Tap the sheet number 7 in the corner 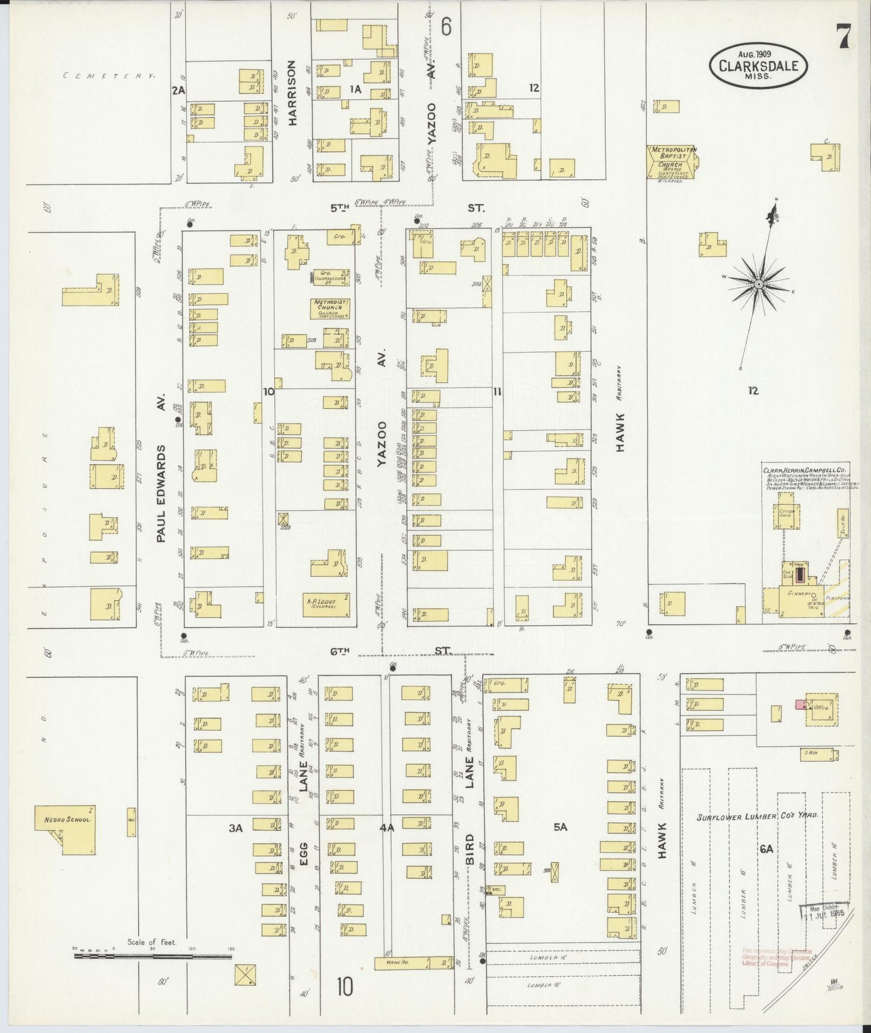[843, 37]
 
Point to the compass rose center [759, 283]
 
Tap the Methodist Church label [330, 307]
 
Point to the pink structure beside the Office [800, 704]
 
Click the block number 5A [560, 827]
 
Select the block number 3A [236, 828]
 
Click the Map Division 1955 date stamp [824, 911]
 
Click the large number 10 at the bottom [345, 987]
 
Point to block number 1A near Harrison [355, 89]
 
